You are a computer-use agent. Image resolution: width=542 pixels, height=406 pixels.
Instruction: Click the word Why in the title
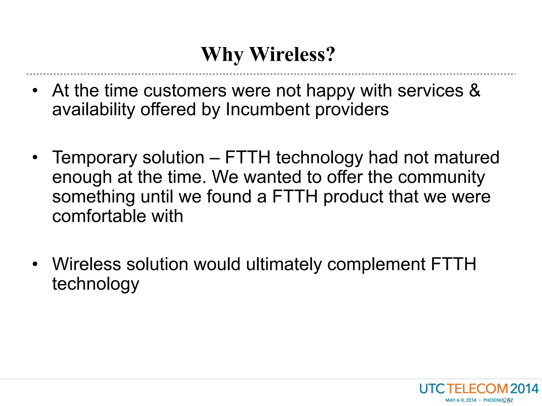222,54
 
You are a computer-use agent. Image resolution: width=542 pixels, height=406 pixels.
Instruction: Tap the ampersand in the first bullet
475,91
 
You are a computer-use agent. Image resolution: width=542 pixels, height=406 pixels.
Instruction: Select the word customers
185,91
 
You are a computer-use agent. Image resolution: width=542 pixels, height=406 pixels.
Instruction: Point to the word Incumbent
268,109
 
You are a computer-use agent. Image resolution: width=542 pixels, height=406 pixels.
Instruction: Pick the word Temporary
94,158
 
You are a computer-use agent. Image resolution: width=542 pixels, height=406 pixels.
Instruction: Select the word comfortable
99,216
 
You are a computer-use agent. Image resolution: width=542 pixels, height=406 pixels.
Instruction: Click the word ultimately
284,264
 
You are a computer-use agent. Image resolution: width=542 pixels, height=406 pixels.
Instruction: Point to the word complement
376,264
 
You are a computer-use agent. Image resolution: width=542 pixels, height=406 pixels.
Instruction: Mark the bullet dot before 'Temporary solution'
35,158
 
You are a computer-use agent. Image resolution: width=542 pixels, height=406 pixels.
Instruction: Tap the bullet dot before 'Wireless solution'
35,264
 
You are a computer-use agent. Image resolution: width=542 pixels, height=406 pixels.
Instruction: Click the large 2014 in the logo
524,389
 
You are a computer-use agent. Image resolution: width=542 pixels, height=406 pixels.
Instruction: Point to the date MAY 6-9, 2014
460,400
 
